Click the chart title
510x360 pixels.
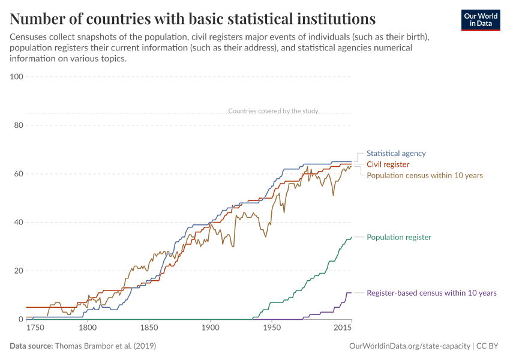tap(193, 19)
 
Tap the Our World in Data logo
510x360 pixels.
tap(480, 20)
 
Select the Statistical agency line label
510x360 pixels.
tap(396, 154)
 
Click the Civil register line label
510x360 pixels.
tap(388, 164)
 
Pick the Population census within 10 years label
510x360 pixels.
tap(424, 175)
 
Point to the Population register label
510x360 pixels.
tap(398, 237)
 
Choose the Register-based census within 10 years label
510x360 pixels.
tap(431, 293)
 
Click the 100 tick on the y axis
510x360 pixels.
tap(16, 77)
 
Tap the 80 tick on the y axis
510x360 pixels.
tap(18, 125)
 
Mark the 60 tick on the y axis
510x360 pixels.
tap(18, 174)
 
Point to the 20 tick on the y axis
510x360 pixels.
tap(18, 271)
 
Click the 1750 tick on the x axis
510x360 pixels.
tap(35, 328)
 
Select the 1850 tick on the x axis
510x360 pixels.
tap(149, 328)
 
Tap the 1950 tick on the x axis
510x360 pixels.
tap(272, 328)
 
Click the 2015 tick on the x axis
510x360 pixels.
tap(343, 328)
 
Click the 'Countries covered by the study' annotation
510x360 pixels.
tap(273, 111)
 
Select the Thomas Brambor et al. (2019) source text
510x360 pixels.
tap(105, 346)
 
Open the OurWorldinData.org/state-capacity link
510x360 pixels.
tap(409, 346)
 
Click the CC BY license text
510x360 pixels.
tap(488, 346)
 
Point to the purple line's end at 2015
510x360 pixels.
tap(351, 293)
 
